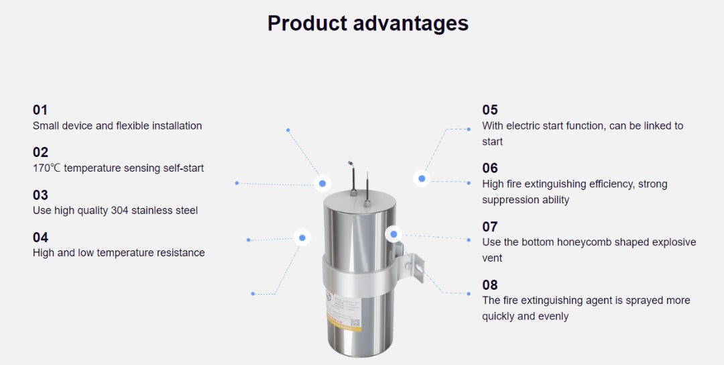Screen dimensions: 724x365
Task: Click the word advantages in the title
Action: [x=411, y=23]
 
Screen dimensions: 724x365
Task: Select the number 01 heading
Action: [x=40, y=110]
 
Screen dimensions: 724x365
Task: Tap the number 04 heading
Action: [x=40, y=238]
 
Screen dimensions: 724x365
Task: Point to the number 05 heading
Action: [x=490, y=110]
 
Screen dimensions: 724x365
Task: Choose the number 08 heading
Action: [x=490, y=284]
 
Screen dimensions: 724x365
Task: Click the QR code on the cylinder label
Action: [x=355, y=323]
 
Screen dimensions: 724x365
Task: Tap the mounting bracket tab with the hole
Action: [x=416, y=267]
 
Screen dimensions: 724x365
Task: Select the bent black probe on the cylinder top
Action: [x=353, y=178]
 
